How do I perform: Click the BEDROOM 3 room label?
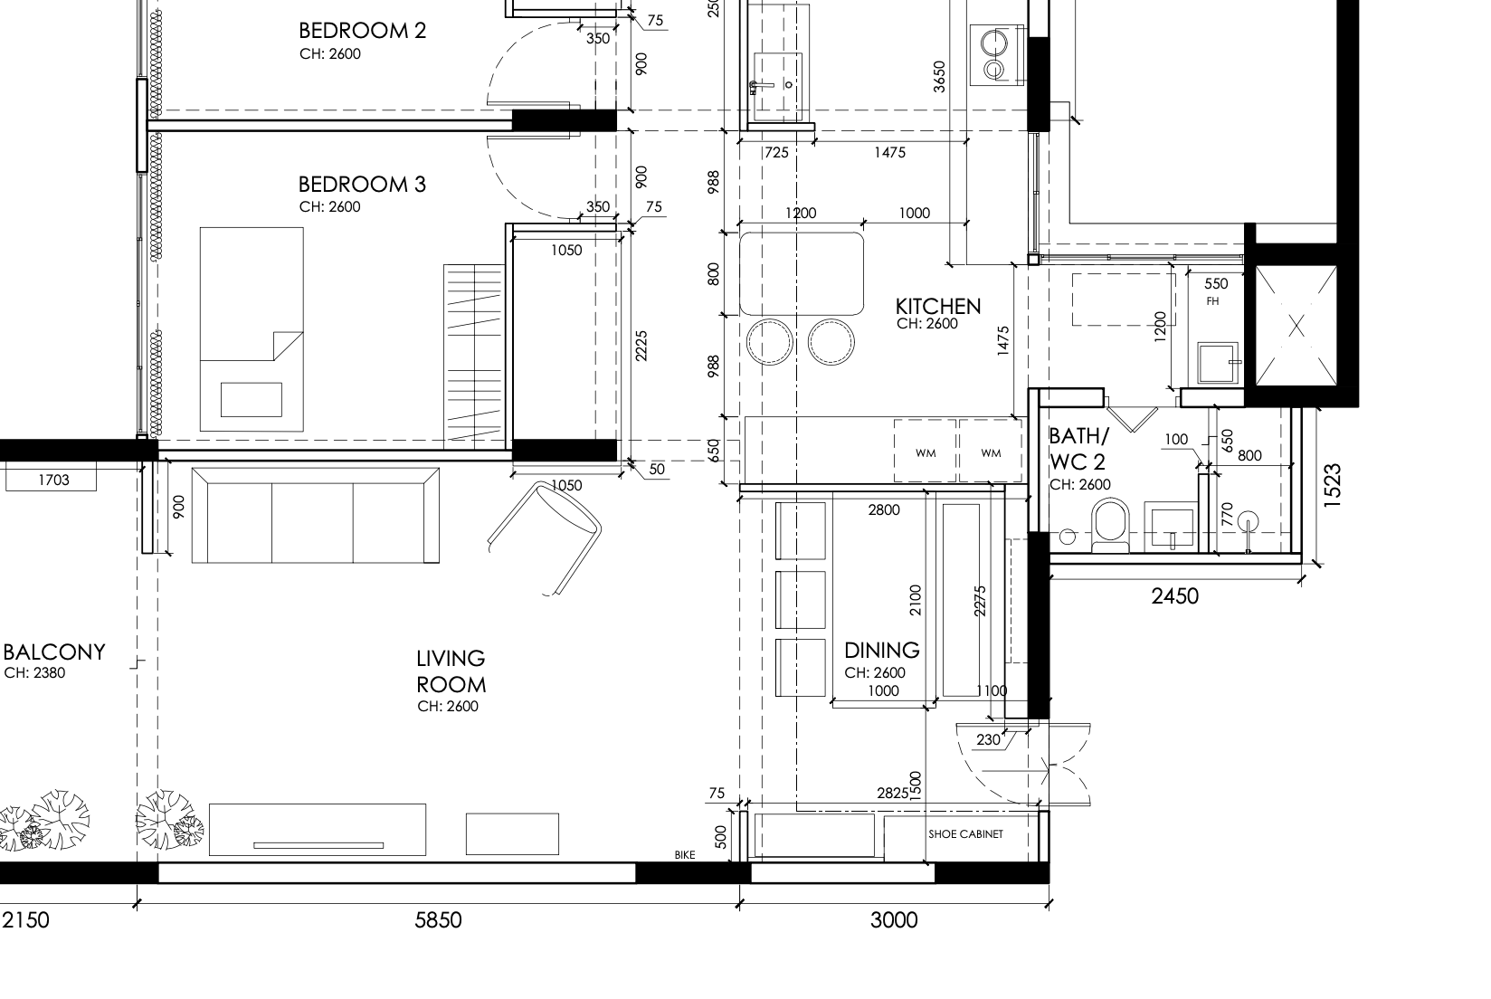362,185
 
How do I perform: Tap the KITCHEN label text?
938,306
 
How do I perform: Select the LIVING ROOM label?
451,671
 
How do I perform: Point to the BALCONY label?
53,652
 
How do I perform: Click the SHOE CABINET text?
965,834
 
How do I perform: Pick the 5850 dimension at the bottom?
438,920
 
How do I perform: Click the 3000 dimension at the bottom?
894,920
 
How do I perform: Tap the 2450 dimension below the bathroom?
1174,595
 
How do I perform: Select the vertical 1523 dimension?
1331,486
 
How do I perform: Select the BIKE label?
685,855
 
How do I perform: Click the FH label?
1212,301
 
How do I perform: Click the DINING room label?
881,651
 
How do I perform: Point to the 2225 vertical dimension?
641,345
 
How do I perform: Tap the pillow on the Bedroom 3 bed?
251,399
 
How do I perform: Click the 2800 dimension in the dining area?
884,510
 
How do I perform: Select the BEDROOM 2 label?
362,31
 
